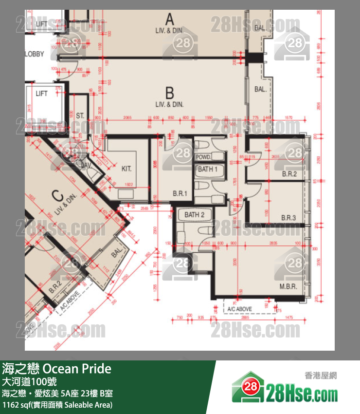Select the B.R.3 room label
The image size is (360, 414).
[288, 218]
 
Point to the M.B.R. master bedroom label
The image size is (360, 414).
[288, 286]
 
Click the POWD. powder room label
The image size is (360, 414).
[203, 157]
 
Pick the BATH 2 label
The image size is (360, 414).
[194, 215]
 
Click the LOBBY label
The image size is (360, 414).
[35, 54]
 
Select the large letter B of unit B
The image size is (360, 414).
[169, 93]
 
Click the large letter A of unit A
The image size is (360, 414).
[169, 19]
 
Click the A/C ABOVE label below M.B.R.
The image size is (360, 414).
[239, 309]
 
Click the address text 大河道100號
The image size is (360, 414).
[26, 381]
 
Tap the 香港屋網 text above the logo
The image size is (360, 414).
[320, 375]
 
